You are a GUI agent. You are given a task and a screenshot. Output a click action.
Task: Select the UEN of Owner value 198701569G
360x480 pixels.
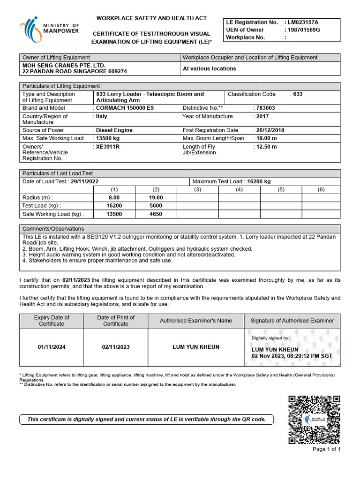pyautogui.click(x=304, y=30)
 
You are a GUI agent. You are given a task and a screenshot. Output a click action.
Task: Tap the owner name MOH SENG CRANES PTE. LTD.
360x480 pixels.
pyautogui.click(x=64, y=65)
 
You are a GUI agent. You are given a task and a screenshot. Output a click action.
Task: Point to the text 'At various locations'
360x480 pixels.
pyautogui.click(x=209, y=68)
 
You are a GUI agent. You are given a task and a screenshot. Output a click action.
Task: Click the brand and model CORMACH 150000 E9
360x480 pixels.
pyautogui.click(x=124, y=108)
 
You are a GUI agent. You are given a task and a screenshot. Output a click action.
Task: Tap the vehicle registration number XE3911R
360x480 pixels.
pyautogui.click(x=108, y=147)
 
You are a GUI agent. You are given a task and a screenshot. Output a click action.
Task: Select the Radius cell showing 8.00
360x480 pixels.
pyautogui.click(x=114, y=197)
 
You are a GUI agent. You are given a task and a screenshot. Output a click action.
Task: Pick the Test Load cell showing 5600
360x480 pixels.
pyautogui.click(x=156, y=205)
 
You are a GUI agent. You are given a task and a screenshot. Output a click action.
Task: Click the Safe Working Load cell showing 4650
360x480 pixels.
pyautogui.click(x=156, y=214)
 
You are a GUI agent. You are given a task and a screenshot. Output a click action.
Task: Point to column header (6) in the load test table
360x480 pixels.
pyautogui.click(x=321, y=189)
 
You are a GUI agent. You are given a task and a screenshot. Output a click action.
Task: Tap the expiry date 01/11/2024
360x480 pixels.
pyautogui.click(x=51, y=347)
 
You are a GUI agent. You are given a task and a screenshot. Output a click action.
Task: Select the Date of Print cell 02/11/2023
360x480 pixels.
pyautogui.click(x=116, y=347)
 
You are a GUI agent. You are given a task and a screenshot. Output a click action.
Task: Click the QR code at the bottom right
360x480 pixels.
pyautogui.click(x=314, y=420)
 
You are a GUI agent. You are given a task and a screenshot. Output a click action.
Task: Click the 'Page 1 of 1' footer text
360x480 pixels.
pyautogui.click(x=326, y=449)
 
